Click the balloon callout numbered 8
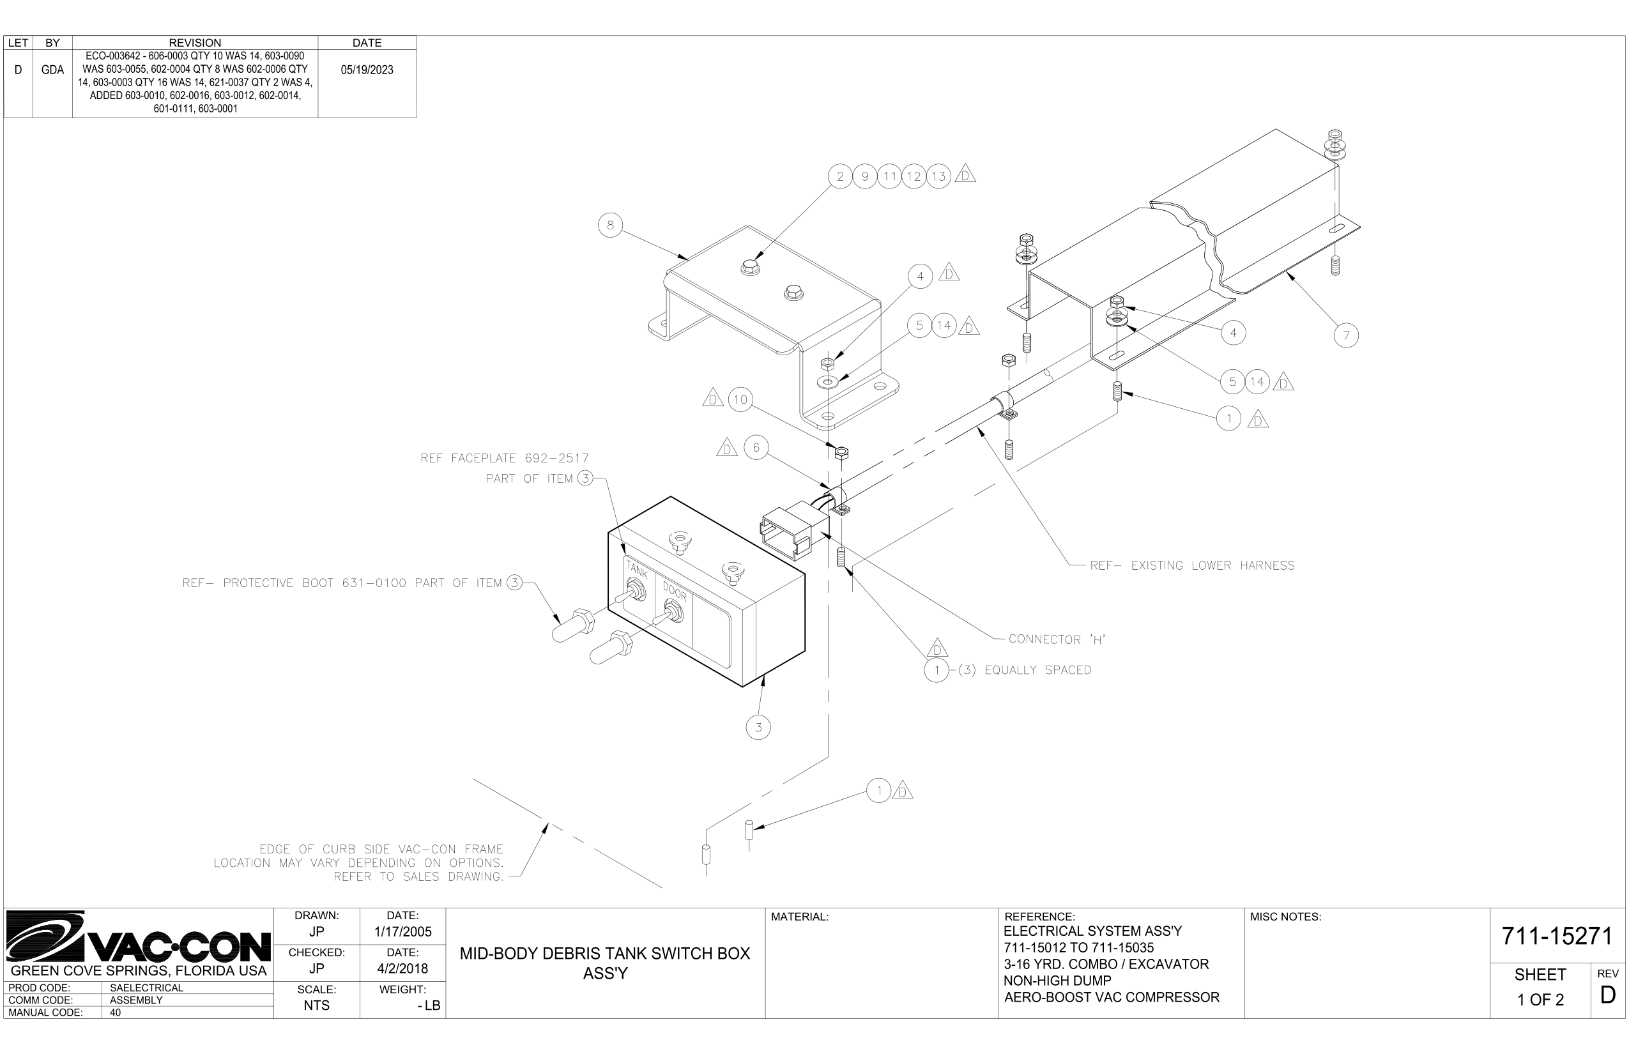click(x=610, y=224)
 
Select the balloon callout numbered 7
click(x=1345, y=335)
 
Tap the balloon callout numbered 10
click(x=740, y=400)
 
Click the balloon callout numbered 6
click(x=756, y=448)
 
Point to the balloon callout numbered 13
click(x=938, y=176)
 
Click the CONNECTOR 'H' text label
click(x=1057, y=640)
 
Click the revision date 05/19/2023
click(x=367, y=70)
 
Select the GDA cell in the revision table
click(x=52, y=70)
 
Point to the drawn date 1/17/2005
click(x=402, y=932)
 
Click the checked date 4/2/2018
click(x=402, y=968)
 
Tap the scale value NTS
click(x=316, y=1005)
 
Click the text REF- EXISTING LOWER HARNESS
click(x=1191, y=566)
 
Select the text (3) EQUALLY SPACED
click(x=1024, y=670)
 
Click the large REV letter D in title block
click(x=1607, y=995)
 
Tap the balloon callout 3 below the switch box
click(x=758, y=727)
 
